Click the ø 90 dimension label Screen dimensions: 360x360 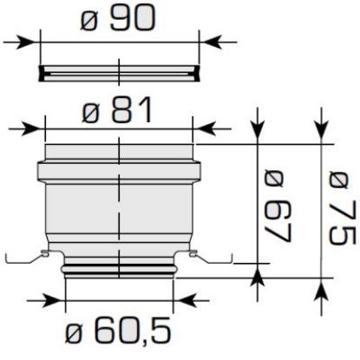118,18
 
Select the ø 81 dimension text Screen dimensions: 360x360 117,110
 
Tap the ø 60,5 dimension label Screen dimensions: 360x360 118,331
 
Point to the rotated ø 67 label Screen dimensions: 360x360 278,206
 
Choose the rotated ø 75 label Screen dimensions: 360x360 342,208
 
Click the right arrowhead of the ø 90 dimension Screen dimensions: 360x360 211,43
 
